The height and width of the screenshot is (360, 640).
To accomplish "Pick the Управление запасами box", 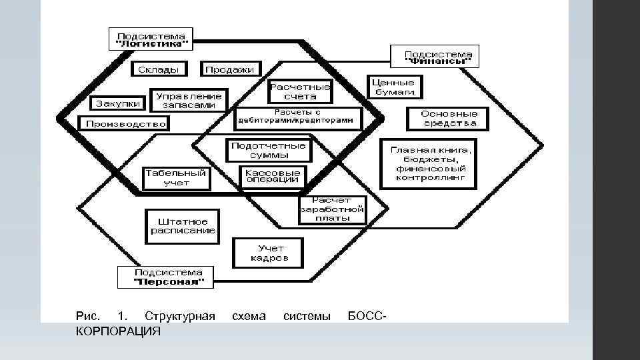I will pyautogui.click(x=189, y=100).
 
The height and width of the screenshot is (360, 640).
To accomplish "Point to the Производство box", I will pyautogui.click(x=123, y=124).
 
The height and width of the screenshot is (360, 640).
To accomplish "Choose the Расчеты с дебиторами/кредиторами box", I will pyautogui.click(x=299, y=117).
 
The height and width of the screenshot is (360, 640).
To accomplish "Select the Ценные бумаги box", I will pyautogui.click(x=395, y=87).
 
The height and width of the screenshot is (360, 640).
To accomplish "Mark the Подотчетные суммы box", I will pyautogui.click(x=269, y=151).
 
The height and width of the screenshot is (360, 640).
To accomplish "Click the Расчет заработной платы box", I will pyautogui.click(x=332, y=211).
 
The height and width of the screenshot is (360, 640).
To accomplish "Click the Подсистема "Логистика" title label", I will pyautogui.click(x=151, y=39).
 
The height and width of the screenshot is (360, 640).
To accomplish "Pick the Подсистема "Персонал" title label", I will pyautogui.click(x=165, y=277).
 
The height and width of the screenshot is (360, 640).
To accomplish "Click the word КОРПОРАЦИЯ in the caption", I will pyautogui.click(x=118, y=331).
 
